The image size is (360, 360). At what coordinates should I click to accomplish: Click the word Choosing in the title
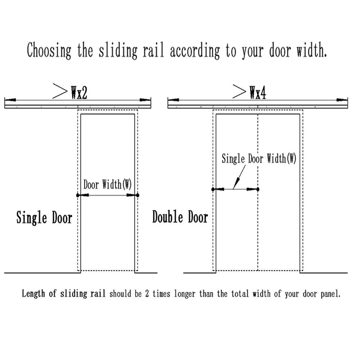point(48,50)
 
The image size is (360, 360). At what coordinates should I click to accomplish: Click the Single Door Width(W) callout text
point(259,159)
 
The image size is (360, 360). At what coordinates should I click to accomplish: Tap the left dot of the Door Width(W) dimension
point(78,195)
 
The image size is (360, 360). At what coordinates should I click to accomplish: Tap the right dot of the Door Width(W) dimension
point(138,195)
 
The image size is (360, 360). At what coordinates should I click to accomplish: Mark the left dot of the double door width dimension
point(213,189)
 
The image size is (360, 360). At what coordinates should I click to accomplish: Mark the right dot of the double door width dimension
point(257,189)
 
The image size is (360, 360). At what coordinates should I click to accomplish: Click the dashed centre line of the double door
point(257,225)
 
